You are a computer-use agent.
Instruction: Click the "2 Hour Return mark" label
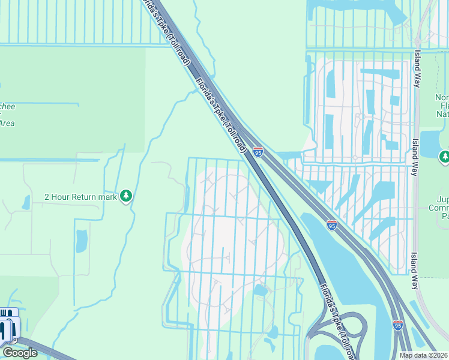point(80,196)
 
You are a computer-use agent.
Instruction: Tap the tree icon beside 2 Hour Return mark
point(126,196)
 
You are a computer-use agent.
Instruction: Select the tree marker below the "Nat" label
point(444,157)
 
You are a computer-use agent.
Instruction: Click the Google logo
point(19,353)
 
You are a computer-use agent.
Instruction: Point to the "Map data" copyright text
point(424,355)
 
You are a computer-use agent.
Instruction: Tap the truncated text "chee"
point(8,106)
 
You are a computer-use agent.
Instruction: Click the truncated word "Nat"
point(442,113)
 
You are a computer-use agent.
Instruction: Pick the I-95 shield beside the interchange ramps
point(397,325)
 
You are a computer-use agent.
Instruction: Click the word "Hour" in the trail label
point(63,196)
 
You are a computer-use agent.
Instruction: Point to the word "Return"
point(87,196)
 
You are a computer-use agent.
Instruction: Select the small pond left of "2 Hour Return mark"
point(26,202)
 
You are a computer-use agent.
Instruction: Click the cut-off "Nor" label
point(442,98)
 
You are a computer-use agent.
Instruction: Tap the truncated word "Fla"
point(443,106)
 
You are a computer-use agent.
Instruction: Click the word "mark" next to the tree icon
point(108,196)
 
